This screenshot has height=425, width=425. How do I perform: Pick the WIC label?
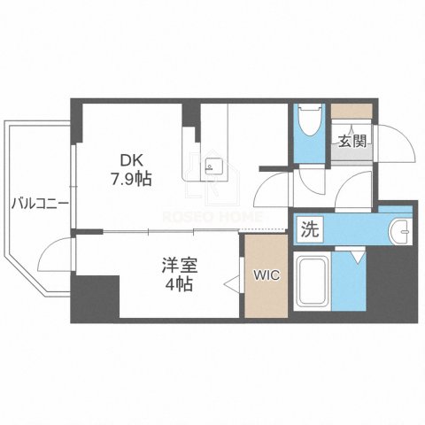point(267,275)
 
